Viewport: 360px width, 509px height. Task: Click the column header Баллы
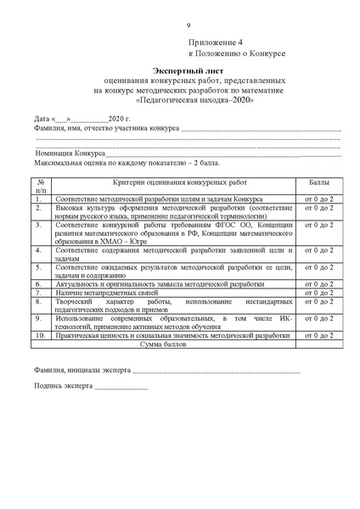tap(319, 182)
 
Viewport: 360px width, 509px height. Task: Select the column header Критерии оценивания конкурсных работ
tap(174, 182)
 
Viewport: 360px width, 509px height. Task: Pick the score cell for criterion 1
tap(319, 199)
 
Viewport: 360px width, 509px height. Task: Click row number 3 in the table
tap(38, 225)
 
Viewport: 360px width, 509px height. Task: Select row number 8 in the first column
tap(38, 302)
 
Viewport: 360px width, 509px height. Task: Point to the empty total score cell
tap(319, 345)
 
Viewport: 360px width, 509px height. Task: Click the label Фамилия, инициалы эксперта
tap(82, 371)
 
